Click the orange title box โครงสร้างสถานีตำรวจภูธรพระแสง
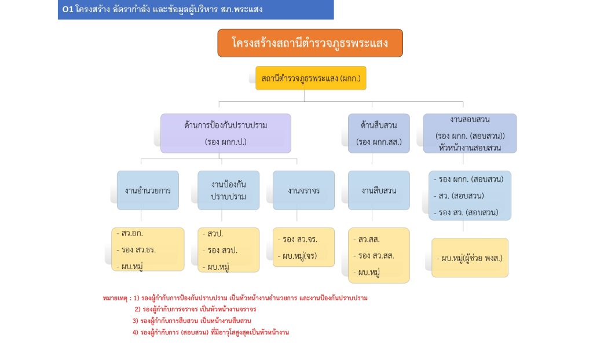[x=310, y=43]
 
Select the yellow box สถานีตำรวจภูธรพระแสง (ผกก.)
[x=311, y=78]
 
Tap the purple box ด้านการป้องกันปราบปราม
[x=225, y=133]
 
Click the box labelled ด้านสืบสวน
[x=379, y=133]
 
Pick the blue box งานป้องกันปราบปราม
[x=228, y=190]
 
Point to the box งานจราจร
[x=303, y=190]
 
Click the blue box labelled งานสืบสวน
[x=379, y=190]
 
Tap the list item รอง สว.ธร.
[x=138, y=250]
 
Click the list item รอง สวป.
[x=221, y=250]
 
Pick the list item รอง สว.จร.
[x=298, y=239]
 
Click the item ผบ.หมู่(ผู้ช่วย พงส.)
[x=470, y=257]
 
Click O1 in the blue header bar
[x=67, y=9]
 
